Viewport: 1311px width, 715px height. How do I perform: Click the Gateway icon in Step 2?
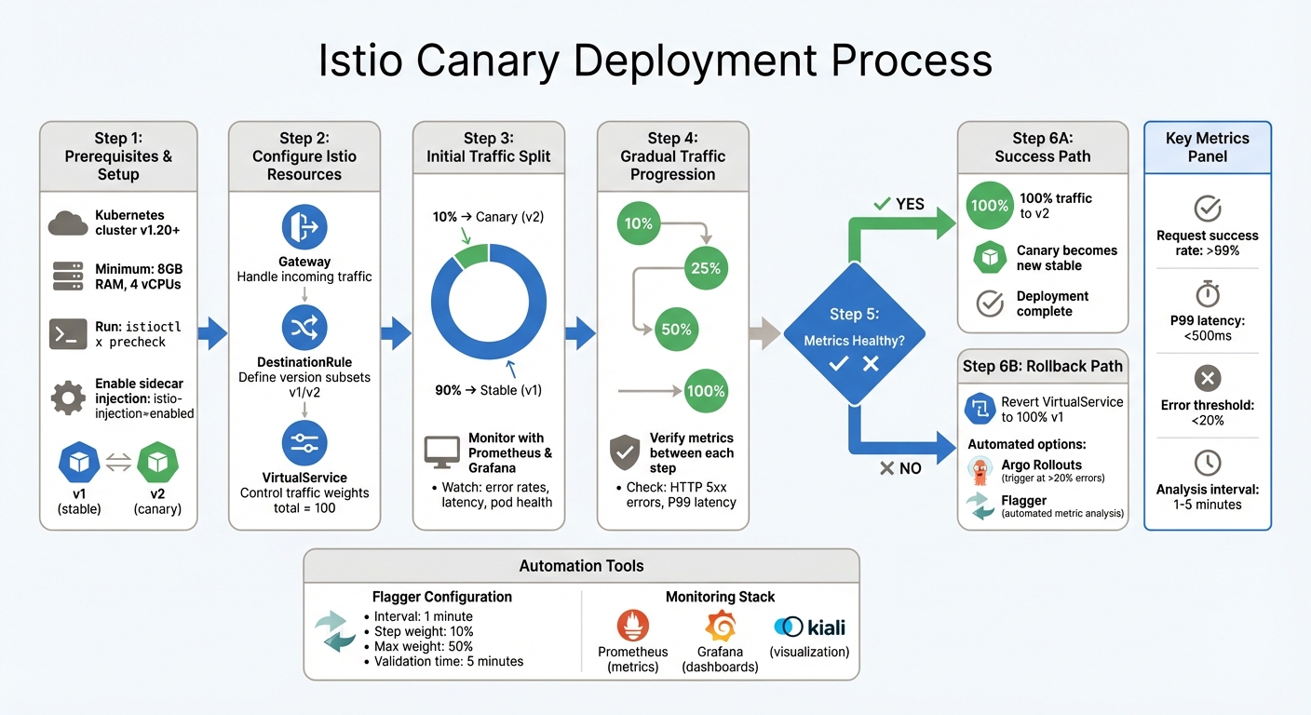point(304,228)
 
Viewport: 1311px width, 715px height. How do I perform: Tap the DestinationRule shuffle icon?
point(304,328)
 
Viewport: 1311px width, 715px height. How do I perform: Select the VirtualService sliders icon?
point(304,443)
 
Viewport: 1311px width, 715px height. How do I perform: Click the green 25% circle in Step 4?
point(706,268)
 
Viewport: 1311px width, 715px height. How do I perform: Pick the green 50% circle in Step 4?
point(676,329)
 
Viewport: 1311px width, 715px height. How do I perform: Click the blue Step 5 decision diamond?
point(854,333)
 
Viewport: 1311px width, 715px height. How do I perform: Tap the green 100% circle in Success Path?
point(989,205)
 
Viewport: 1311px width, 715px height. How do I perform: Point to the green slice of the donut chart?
point(471,254)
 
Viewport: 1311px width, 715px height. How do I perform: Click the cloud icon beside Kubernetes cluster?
point(67,223)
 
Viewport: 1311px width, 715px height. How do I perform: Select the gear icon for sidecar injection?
point(67,398)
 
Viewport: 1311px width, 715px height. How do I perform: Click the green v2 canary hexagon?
point(156,463)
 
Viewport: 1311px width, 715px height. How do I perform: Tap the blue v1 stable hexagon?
point(78,463)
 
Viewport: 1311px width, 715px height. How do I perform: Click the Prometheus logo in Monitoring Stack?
point(632,627)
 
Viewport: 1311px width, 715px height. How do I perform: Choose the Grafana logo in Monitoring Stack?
point(720,627)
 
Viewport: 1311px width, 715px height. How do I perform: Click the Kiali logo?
point(808,627)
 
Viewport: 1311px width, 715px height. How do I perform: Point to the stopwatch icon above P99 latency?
point(1207,293)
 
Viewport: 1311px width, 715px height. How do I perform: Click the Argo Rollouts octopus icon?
point(979,471)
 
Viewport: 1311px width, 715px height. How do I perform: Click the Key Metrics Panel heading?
point(1207,147)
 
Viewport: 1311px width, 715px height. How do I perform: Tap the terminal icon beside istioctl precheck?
point(67,334)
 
